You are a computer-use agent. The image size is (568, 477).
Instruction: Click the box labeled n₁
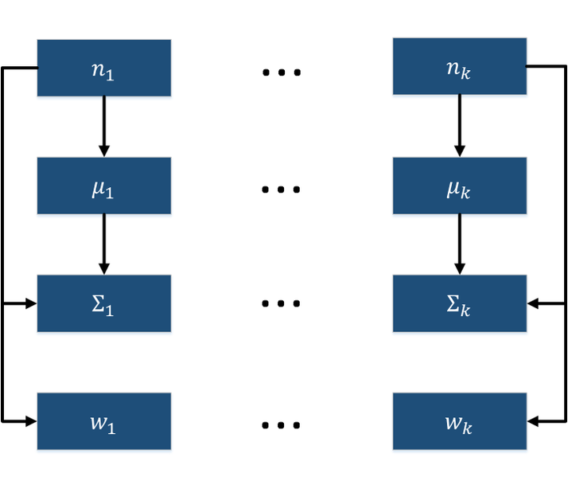(x=104, y=68)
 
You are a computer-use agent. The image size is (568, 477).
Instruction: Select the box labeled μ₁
(x=104, y=186)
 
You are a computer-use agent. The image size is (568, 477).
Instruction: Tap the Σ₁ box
(x=104, y=303)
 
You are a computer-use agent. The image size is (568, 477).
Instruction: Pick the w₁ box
(x=104, y=421)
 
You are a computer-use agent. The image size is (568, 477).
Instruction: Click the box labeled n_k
(x=460, y=66)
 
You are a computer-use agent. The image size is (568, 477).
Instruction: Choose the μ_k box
(x=460, y=186)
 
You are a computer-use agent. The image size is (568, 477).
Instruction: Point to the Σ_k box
(x=460, y=303)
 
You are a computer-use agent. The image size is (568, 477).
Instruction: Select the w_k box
(x=460, y=421)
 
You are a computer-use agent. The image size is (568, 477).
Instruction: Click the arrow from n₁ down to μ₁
(x=104, y=127)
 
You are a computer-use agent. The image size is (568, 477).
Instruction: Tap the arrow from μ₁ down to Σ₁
(x=104, y=244)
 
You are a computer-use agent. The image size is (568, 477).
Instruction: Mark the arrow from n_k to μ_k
(x=460, y=126)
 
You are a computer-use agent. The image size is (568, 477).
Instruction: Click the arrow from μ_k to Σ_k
(x=460, y=244)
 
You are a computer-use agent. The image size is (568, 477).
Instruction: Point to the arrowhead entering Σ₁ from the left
(x=32, y=303)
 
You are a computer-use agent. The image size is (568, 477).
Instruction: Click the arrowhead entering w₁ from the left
(x=32, y=421)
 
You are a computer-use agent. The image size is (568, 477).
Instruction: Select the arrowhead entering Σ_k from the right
(x=532, y=303)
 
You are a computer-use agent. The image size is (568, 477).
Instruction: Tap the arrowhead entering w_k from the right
(x=532, y=421)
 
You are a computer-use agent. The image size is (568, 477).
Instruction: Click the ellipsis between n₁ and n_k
(x=282, y=72)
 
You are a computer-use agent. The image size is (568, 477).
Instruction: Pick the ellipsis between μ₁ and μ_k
(x=281, y=190)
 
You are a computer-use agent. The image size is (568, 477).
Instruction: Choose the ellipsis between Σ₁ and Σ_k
(x=281, y=303)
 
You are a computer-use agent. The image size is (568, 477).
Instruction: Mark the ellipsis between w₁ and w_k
(x=281, y=424)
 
